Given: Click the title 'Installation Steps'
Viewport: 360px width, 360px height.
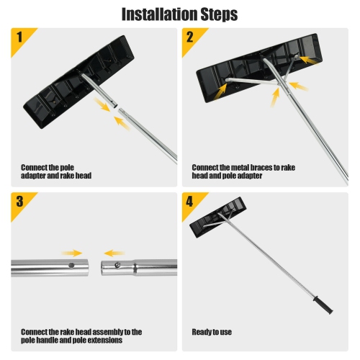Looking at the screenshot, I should coord(180,14).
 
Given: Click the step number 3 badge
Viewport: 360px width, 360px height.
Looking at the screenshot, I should coord(19,202).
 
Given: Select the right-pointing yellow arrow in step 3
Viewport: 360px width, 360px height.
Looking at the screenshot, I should coord(72,253).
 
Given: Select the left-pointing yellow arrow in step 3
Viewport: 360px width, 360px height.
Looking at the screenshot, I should coord(114,253).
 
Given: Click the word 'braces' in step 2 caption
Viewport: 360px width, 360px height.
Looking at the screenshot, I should coord(256,167).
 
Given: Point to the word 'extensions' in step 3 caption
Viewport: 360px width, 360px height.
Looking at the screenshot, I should coord(116,341).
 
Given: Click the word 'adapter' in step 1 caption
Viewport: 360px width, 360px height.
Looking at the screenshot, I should coord(35,176).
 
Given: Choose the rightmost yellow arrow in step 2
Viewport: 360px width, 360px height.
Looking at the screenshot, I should coord(301,86).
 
